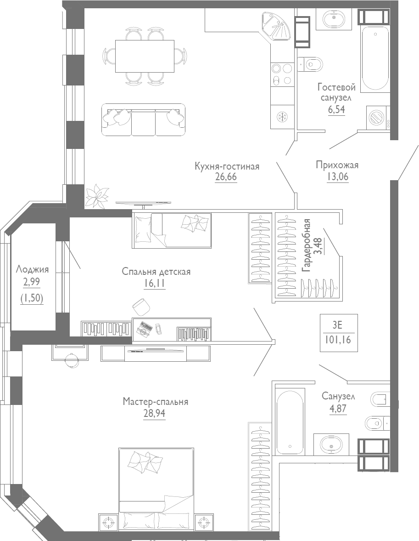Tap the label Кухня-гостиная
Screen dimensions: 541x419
coord(227,166)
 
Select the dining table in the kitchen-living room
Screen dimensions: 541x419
coord(145,56)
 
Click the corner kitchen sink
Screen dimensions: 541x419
coord(276,27)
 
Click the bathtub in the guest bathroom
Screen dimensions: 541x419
coord(375,59)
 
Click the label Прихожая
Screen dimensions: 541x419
coord(337,165)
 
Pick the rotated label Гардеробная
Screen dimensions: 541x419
coord(307,246)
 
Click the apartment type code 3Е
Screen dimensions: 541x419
coord(337,326)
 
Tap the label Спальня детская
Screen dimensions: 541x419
coord(156,272)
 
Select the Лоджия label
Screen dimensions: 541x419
coord(32,269)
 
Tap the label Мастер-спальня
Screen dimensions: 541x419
coord(156,402)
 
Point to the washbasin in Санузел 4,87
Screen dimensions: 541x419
coord(331,444)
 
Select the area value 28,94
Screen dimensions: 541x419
coord(154,413)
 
